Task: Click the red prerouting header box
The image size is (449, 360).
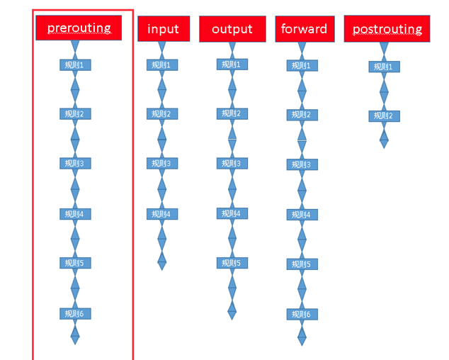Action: [79, 28]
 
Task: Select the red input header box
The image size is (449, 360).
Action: [164, 28]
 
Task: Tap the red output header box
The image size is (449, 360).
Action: [232, 29]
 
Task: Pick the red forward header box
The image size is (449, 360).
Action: [305, 29]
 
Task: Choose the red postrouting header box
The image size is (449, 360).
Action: [387, 29]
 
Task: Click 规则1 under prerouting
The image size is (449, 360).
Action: [75, 65]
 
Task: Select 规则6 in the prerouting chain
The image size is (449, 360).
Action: [75, 313]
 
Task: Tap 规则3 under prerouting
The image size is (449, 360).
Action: [75, 164]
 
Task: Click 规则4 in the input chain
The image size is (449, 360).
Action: [162, 214]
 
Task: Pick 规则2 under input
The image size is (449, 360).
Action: [162, 114]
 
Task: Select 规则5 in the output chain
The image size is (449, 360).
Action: [232, 263]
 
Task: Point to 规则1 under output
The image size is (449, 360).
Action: [232, 64]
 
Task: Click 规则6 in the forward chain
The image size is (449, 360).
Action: [302, 315]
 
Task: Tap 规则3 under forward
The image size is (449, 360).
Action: [302, 164]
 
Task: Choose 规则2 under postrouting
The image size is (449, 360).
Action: [384, 116]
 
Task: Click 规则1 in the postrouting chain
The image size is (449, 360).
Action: [384, 67]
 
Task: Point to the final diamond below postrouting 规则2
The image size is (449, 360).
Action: [384, 139]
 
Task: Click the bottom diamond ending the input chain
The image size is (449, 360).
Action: [161, 261]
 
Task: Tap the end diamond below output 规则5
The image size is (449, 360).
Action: [232, 310]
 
